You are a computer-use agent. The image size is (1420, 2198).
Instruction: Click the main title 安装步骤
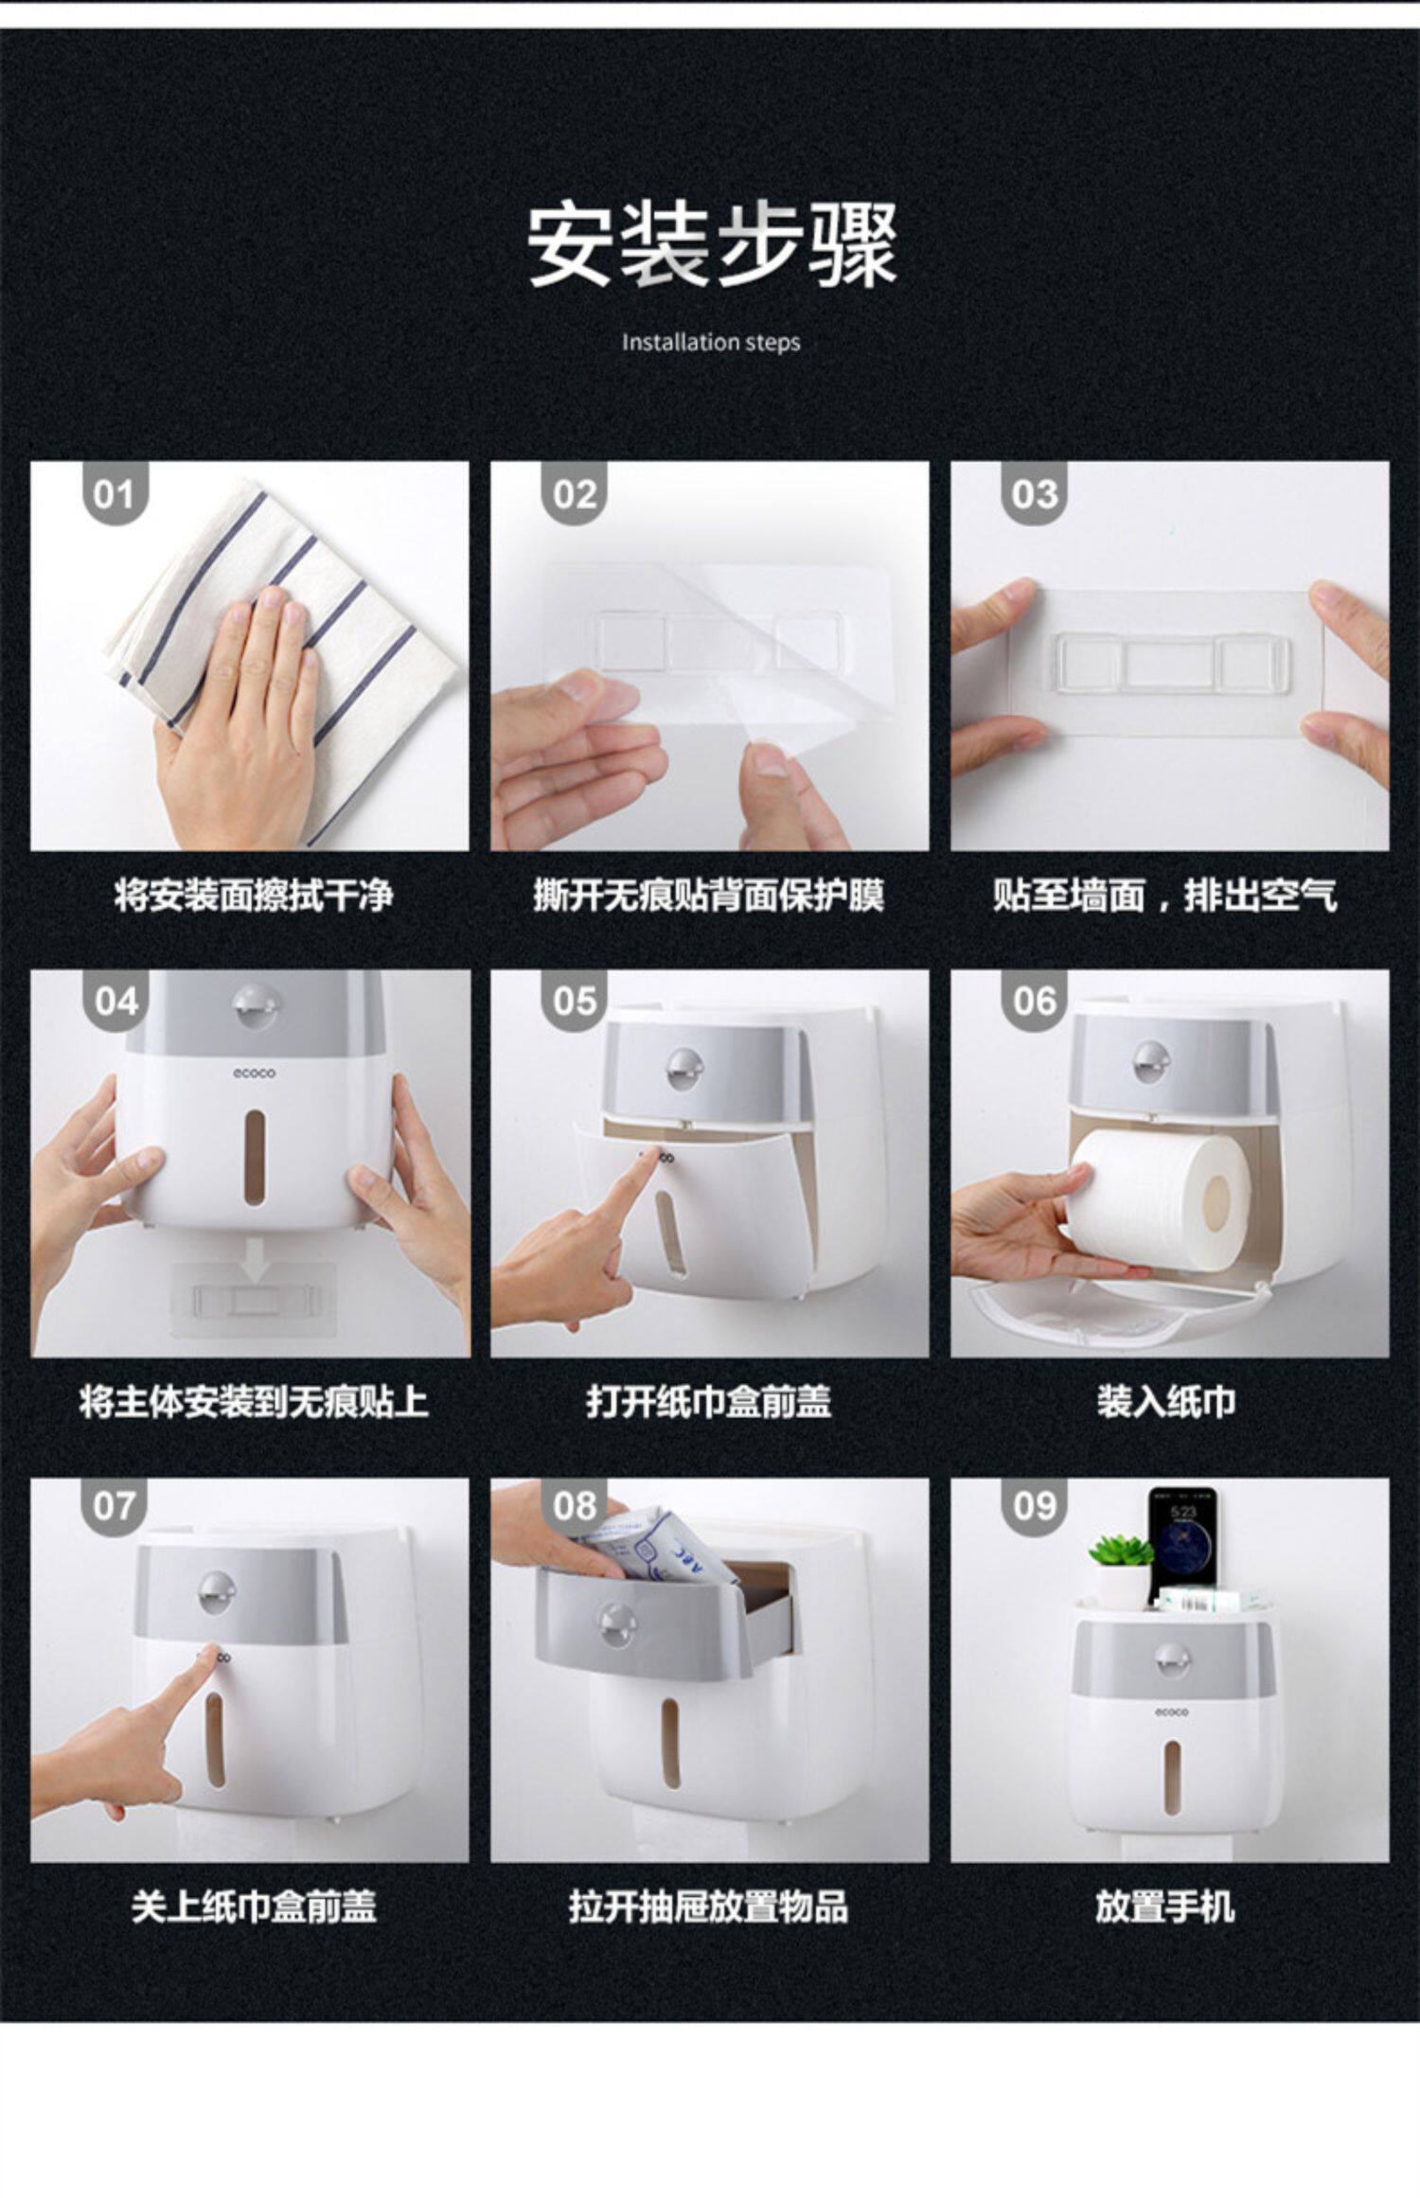click(711, 245)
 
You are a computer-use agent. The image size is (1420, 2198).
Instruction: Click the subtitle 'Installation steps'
click(711, 343)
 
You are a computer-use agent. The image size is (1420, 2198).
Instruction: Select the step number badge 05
click(575, 1001)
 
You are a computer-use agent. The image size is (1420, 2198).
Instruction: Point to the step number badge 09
click(1034, 1505)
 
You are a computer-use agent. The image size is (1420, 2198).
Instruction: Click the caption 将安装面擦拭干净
click(253, 894)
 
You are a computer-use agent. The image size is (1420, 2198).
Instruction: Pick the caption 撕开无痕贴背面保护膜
click(709, 894)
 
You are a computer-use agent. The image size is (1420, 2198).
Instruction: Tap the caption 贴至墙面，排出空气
click(1165, 894)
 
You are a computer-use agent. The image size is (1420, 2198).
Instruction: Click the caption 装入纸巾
click(1166, 1402)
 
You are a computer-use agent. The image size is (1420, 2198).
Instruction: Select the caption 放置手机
click(1164, 1907)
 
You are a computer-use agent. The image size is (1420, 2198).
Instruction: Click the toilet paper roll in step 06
click(1161, 1197)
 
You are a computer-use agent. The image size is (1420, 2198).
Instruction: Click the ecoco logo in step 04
click(255, 1073)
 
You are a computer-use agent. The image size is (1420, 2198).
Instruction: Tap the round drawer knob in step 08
click(618, 1624)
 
